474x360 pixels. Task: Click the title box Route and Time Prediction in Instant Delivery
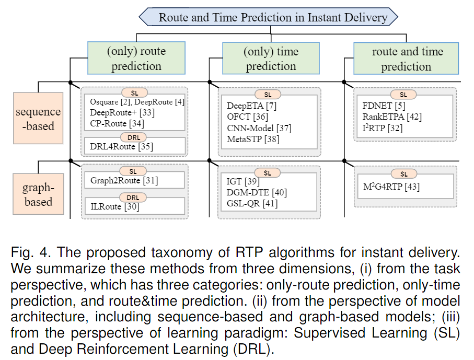point(268,17)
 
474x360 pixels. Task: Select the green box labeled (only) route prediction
point(136,58)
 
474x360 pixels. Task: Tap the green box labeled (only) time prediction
point(271,59)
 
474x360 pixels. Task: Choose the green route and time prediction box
point(406,59)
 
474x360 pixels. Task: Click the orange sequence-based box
point(38,118)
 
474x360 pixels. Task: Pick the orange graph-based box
point(38,194)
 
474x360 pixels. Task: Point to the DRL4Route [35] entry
point(122,147)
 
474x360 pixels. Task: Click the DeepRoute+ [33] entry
point(122,112)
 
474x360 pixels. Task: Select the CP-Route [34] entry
point(117,123)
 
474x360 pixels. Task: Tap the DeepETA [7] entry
point(251,106)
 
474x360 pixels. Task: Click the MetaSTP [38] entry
point(253,140)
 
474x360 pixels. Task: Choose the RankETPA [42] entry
point(392,117)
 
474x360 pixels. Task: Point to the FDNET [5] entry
point(384,106)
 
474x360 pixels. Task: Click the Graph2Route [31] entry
point(124,181)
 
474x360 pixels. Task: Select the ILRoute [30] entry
point(115,207)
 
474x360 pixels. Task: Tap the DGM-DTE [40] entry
point(257,193)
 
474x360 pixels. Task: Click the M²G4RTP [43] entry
point(391,187)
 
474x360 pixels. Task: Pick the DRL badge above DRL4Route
point(134,137)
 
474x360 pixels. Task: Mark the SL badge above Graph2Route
point(133,171)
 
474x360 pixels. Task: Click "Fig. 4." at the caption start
point(31,252)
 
